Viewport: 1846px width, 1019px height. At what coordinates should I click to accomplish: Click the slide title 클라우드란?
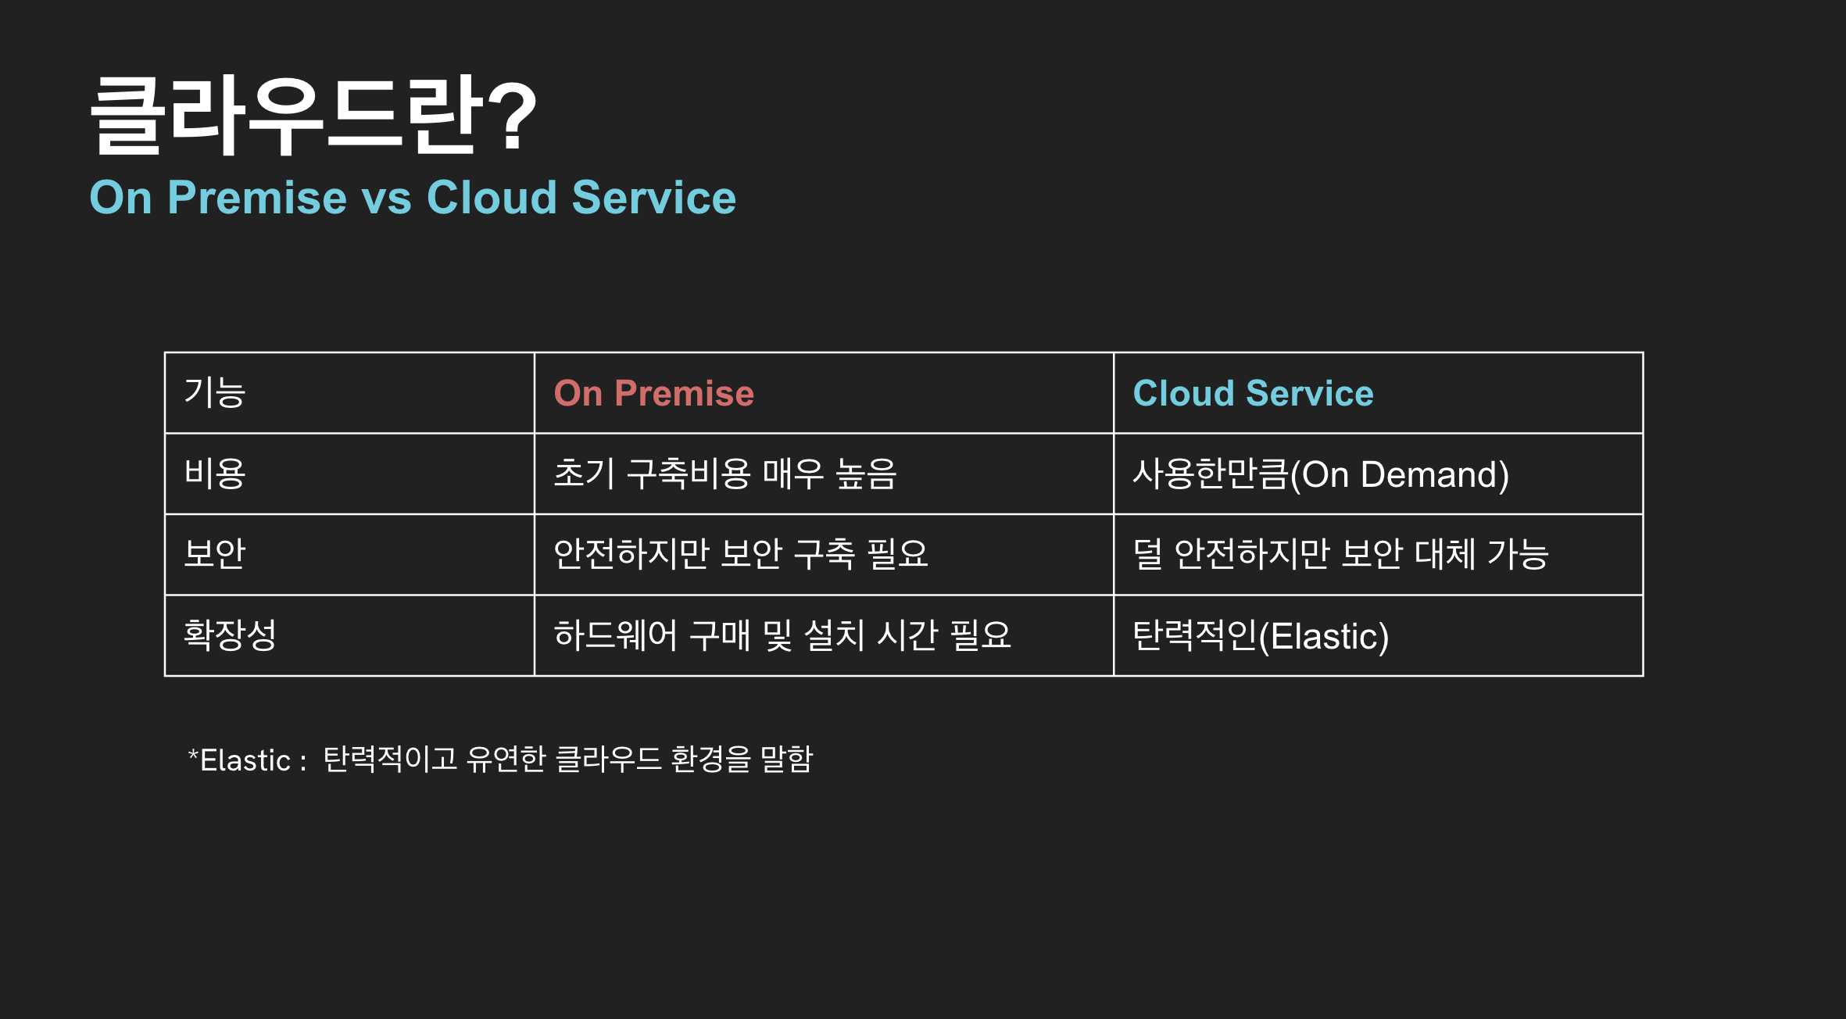(313, 116)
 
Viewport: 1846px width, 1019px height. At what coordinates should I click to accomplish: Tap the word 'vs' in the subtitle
(386, 198)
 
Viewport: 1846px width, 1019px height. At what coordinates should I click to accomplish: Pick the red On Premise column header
(654, 393)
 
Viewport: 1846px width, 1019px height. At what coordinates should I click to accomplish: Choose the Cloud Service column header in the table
(1253, 393)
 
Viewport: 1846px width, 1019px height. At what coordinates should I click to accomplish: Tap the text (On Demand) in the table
(1400, 474)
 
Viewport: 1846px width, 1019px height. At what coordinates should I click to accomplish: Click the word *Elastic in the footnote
(239, 760)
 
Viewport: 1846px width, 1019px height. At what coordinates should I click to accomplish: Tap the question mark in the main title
(513, 116)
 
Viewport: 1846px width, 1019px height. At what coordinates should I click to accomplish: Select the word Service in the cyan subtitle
(653, 197)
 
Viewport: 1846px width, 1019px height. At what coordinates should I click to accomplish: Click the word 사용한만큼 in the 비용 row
(1211, 474)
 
